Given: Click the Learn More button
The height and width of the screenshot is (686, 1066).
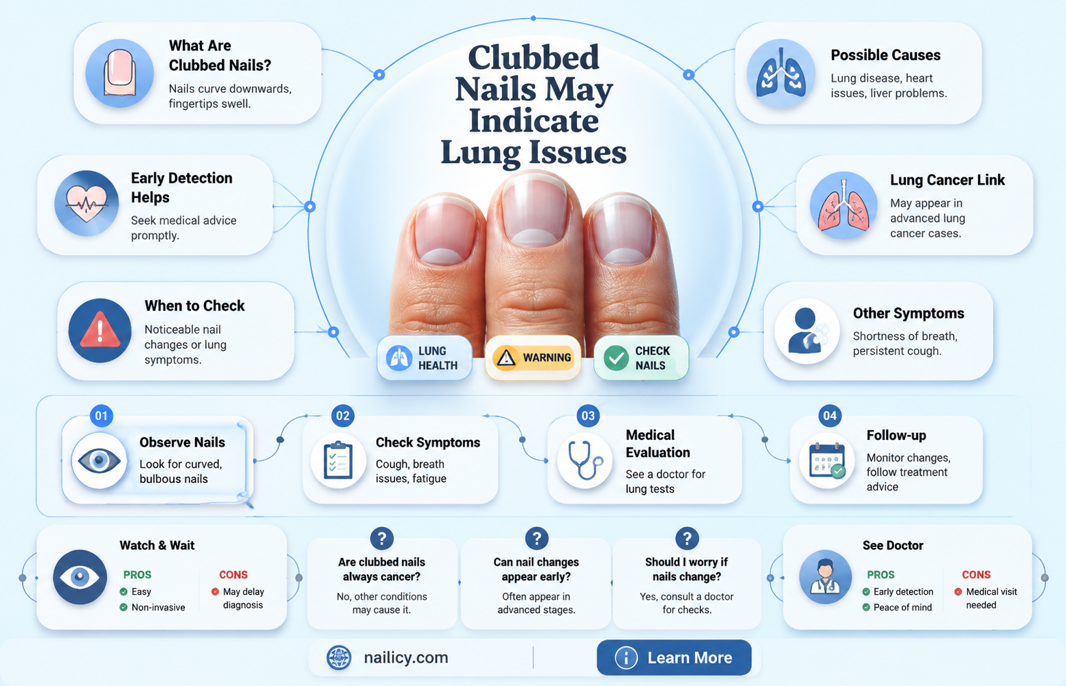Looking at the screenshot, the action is click(x=674, y=657).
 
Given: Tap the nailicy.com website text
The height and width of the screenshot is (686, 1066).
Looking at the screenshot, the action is click(x=406, y=657).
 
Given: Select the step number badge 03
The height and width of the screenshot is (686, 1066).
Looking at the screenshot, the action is click(x=588, y=416).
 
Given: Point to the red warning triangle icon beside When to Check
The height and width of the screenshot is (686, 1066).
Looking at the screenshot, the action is click(x=100, y=330).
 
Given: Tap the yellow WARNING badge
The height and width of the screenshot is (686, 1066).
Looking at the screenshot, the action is click(x=533, y=358).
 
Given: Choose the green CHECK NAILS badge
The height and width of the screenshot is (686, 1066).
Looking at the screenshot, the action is click(x=641, y=358).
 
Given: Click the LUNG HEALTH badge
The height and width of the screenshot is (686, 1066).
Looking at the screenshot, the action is click(x=424, y=358).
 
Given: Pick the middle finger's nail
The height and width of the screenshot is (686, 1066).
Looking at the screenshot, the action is click(x=536, y=211).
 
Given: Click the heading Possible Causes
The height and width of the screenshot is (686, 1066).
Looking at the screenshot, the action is click(x=886, y=55).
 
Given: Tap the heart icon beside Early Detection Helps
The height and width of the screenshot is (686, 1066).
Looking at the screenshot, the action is click(x=87, y=204).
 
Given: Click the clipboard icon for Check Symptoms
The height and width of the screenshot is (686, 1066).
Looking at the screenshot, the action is click(x=338, y=460).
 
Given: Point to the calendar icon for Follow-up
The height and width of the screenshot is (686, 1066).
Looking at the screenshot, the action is click(x=827, y=460).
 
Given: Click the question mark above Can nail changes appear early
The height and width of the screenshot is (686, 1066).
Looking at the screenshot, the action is click(x=537, y=539).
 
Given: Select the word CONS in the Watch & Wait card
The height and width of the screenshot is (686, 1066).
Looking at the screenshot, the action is click(x=233, y=575).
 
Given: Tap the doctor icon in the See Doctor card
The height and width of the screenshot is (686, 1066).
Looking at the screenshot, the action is click(x=825, y=577).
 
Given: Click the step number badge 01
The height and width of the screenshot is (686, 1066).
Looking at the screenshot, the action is click(x=102, y=416).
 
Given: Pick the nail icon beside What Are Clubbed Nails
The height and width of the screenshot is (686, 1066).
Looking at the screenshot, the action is click(x=120, y=73).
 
